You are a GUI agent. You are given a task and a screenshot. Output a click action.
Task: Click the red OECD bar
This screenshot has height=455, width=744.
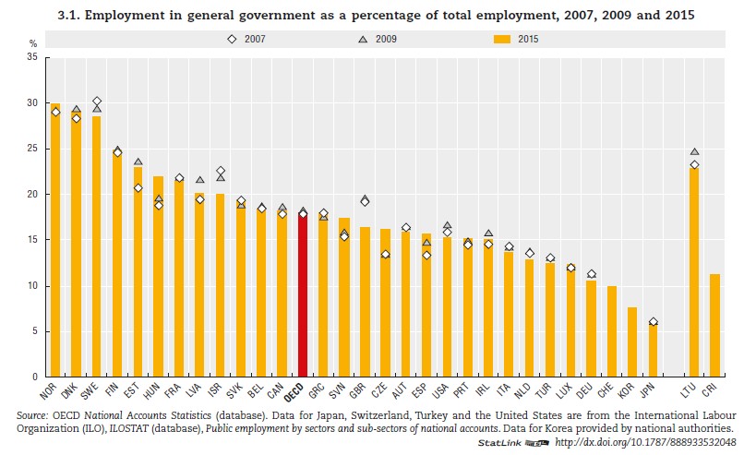coord(302,295)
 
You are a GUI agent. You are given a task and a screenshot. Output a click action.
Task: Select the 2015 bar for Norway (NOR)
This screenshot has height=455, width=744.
coord(55,240)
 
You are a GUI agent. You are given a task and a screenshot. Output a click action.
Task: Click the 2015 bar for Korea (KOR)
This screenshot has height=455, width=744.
coord(632,342)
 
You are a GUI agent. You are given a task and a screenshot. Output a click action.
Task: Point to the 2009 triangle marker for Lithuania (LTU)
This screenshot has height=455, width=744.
coord(694,151)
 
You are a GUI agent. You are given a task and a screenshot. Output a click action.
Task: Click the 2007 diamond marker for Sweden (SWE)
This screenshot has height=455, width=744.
coord(97,102)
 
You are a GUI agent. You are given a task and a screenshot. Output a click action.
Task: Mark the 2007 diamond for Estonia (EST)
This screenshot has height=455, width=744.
coord(138,188)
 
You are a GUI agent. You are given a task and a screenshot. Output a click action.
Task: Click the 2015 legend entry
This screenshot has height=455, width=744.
coord(518,39)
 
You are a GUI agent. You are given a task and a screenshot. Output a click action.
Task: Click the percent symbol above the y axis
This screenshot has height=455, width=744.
coord(32,43)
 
